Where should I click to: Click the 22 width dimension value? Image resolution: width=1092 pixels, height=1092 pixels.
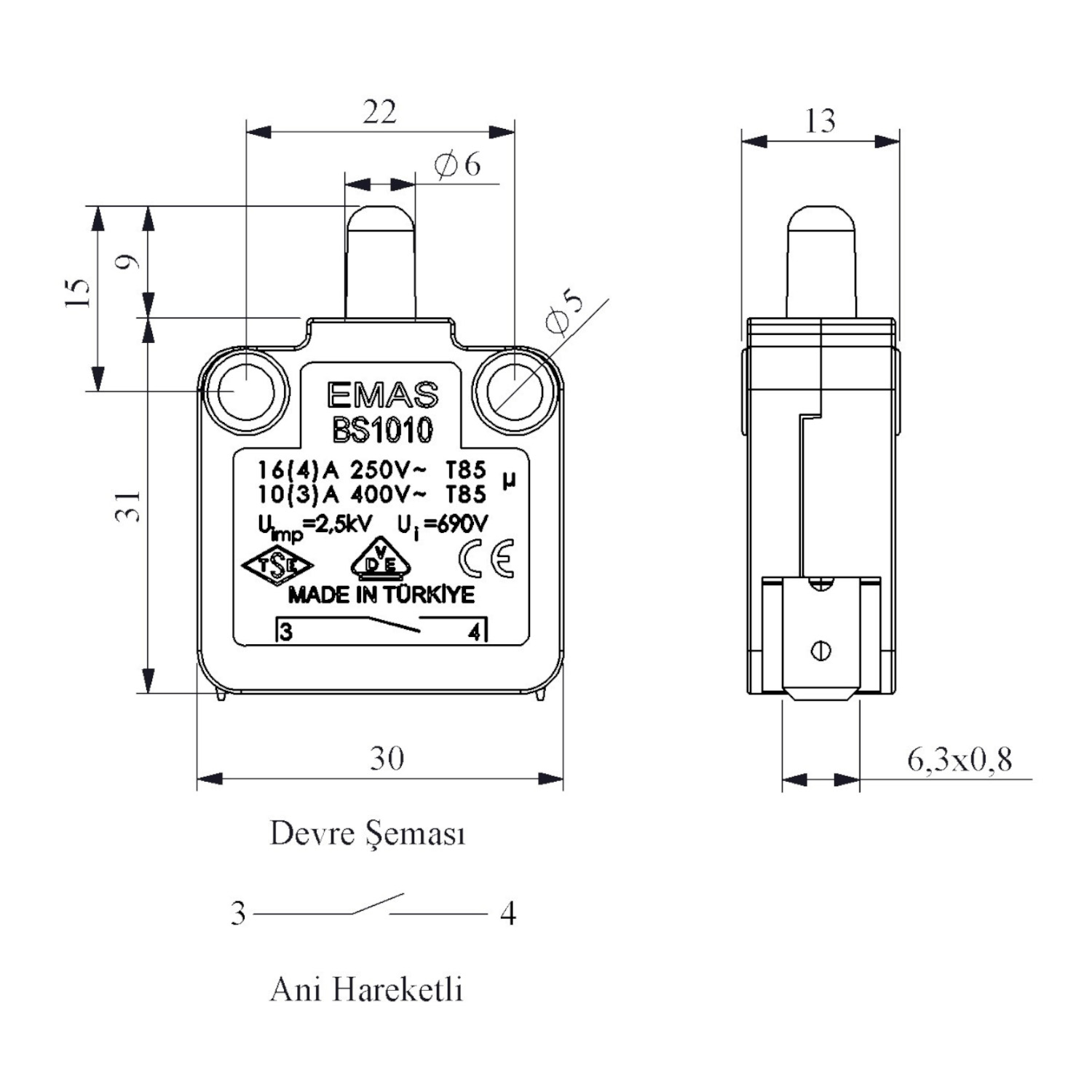coord(380,112)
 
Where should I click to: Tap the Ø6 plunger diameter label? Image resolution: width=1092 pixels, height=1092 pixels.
coord(458,165)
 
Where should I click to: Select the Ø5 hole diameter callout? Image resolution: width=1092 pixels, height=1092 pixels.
coord(563,312)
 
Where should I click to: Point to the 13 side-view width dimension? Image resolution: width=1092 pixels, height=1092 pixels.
coord(820,121)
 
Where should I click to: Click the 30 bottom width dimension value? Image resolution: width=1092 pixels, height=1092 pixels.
coord(387,759)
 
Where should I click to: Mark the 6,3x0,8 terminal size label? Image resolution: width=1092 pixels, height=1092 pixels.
coord(960,759)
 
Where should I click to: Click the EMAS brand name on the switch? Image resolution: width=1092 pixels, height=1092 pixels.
coord(382,395)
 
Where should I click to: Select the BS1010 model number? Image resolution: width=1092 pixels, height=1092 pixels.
coord(382,430)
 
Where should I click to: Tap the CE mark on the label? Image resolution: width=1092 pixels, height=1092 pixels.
coord(486,559)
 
